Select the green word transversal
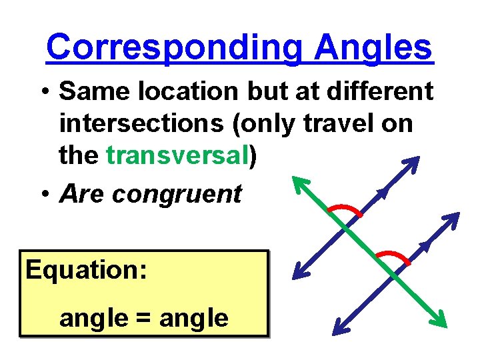point(177,155)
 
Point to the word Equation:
point(86,270)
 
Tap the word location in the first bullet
point(199,91)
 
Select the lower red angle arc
point(393,256)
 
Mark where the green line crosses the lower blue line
point(395,275)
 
